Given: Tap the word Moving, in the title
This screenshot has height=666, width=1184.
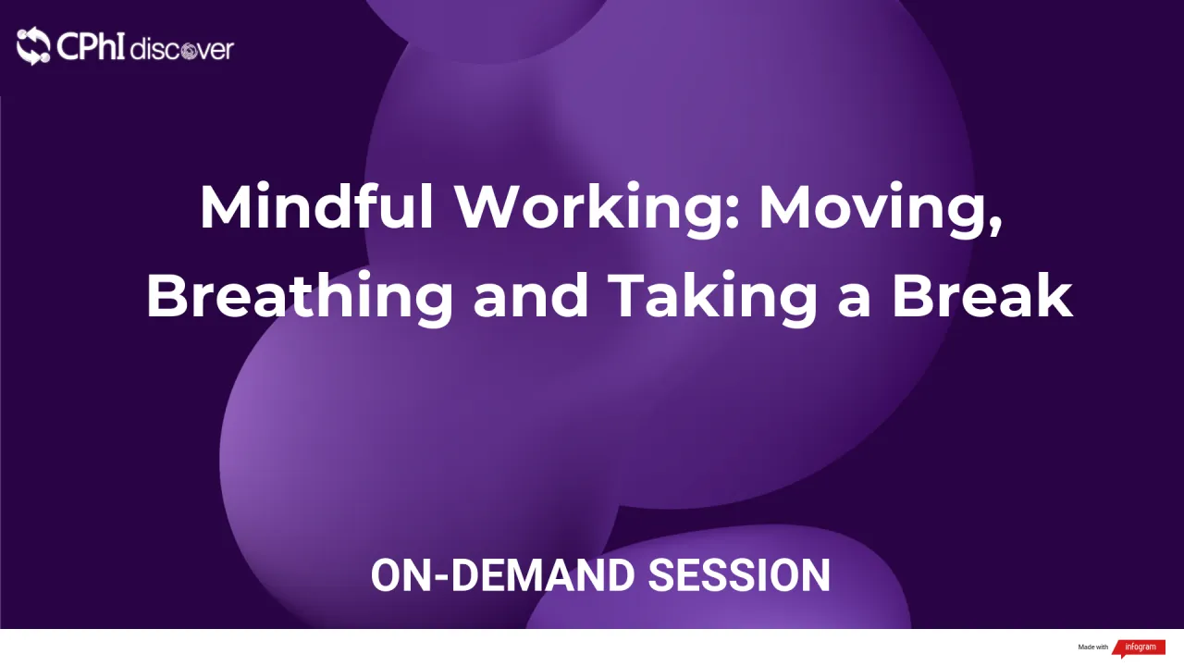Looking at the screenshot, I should coord(880,209).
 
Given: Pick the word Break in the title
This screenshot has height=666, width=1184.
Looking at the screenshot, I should coord(981,296).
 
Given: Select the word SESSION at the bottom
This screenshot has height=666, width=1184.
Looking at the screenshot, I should coord(739,575).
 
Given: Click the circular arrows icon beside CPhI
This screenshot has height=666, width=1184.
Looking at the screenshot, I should coord(33,46).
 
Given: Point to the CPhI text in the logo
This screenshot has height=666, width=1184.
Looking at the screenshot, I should coord(91,46).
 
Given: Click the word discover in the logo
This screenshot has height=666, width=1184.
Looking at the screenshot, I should coord(181,49).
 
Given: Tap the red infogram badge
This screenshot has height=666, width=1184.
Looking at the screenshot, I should coord(1138,647).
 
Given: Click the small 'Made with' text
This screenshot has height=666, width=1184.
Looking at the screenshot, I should coord(1092,647).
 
